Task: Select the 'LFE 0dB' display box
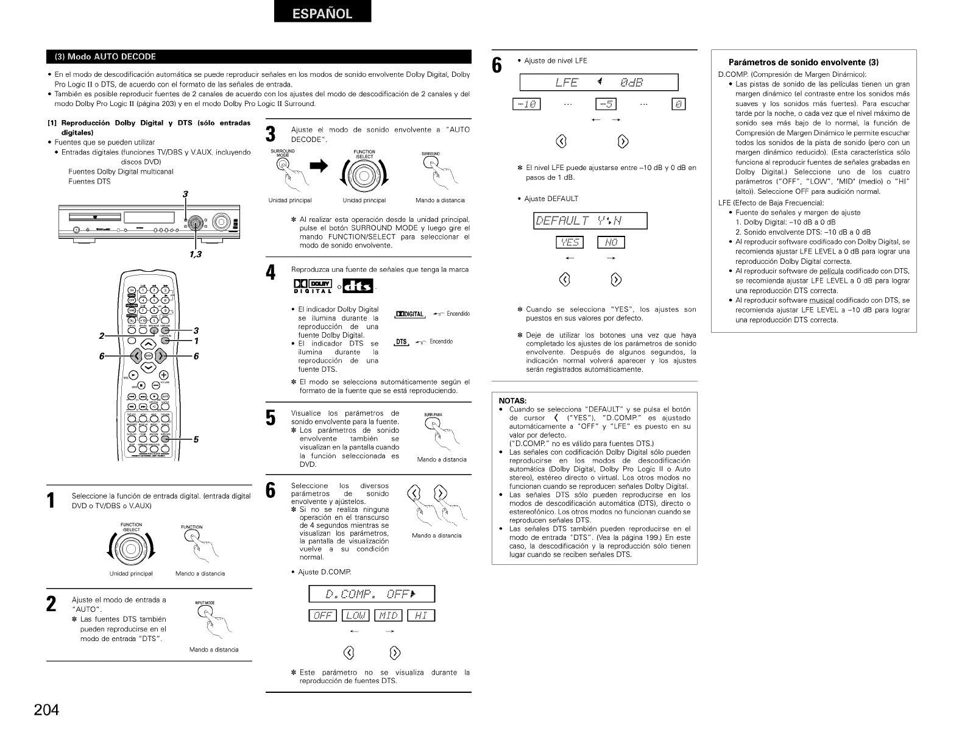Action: point(599,82)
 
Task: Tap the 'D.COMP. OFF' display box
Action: point(372,594)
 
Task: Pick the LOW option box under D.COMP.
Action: point(355,615)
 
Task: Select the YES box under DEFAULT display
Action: point(570,243)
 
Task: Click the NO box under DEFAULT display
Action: point(611,243)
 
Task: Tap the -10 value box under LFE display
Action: point(526,104)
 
